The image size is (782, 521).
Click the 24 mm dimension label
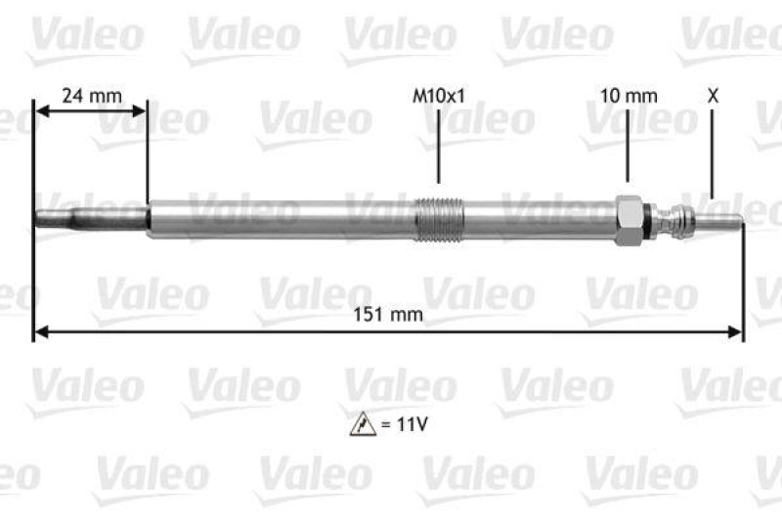tap(91, 96)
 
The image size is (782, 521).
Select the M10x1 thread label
tap(439, 96)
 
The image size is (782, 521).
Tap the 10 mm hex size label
tap(629, 96)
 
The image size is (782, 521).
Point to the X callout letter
tap(713, 96)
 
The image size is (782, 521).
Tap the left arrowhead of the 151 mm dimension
tap(40, 334)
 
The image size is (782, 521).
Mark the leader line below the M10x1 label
tap(439, 147)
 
